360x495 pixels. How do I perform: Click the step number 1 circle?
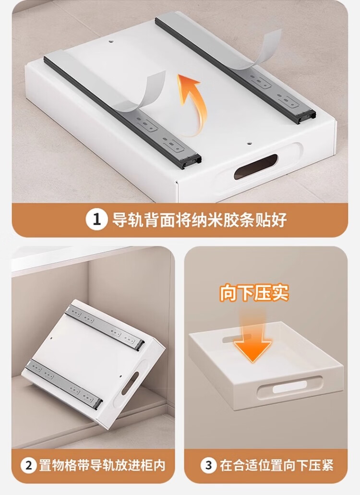point(96,219)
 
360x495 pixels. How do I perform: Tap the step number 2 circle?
point(29,465)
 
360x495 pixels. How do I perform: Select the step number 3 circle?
point(208,465)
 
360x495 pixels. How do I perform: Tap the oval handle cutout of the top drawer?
point(255,167)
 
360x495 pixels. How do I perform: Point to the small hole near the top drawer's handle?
point(249,144)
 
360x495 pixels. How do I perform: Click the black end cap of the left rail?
point(189,160)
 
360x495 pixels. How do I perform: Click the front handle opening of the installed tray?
point(289,387)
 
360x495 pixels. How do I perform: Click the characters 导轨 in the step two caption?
point(100,465)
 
